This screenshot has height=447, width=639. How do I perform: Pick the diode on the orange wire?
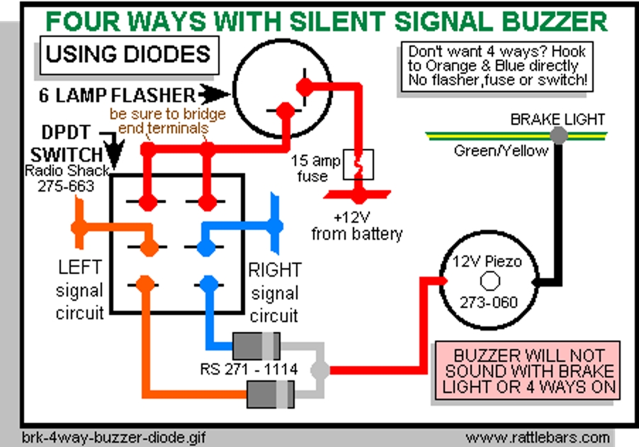[x=270, y=394]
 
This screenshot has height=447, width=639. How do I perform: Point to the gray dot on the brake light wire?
[x=559, y=134]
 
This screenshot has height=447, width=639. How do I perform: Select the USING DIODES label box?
[x=128, y=54]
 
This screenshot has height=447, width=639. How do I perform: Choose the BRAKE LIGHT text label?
[x=558, y=119]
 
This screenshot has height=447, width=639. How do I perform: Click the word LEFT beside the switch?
[x=79, y=267]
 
